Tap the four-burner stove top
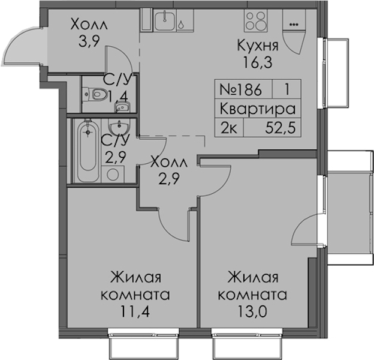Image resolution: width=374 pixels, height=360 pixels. point(255,21)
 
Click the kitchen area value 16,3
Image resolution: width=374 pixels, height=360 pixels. point(258,63)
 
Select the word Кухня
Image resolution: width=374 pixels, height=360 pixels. point(258,46)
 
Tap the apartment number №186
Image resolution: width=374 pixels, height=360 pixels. point(240,90)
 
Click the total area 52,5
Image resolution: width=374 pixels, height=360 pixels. point(280,128)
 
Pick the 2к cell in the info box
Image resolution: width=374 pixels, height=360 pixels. point(229,128)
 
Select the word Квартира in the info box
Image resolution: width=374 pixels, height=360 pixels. point(257,109)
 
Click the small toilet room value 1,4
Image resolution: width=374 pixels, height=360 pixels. point(119,97)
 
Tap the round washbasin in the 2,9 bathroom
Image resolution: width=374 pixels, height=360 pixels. point(119,126)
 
